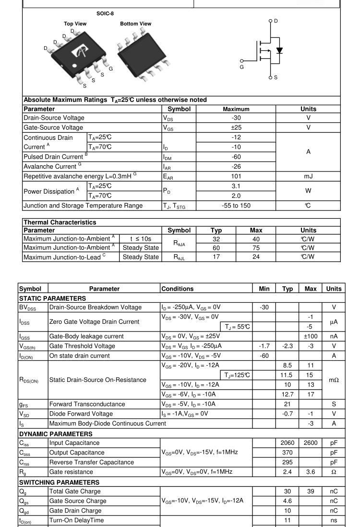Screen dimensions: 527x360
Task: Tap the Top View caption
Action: tap(76, 24)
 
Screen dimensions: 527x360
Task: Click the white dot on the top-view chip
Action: tap(74, 65)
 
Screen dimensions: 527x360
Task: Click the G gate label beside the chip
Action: tap(110, 69)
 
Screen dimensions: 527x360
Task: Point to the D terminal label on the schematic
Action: tap(276, 21)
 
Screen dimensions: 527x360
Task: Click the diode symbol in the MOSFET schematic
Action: tap(279, 50)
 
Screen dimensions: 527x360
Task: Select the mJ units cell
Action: tap(308, 176)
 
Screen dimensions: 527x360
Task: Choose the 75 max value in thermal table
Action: tap(256, 248)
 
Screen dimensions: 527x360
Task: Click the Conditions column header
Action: tap(177, 289)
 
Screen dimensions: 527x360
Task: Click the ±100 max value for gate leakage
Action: tap(310, 336)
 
